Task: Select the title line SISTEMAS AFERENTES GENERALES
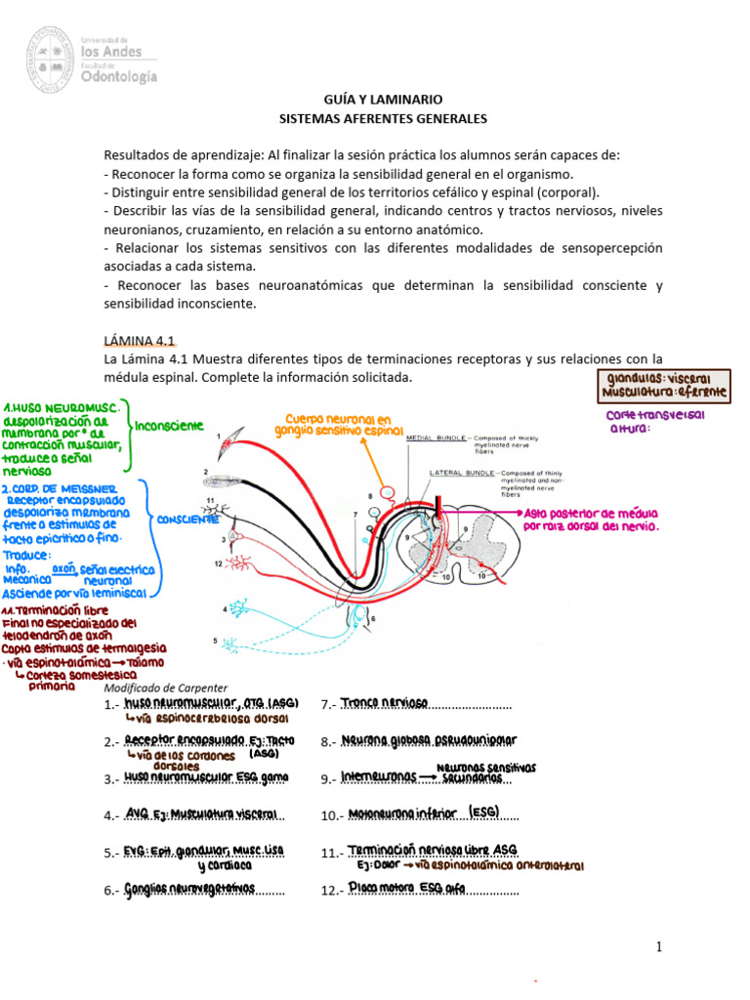pos(383,119)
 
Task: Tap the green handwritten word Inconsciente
pos(169,426)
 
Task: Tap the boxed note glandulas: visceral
pos(659,378)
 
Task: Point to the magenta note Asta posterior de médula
pos(591,519)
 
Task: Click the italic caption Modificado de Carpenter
pos(165,687)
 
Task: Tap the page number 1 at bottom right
pos(659,946)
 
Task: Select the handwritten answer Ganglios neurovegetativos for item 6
pos(189,889)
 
